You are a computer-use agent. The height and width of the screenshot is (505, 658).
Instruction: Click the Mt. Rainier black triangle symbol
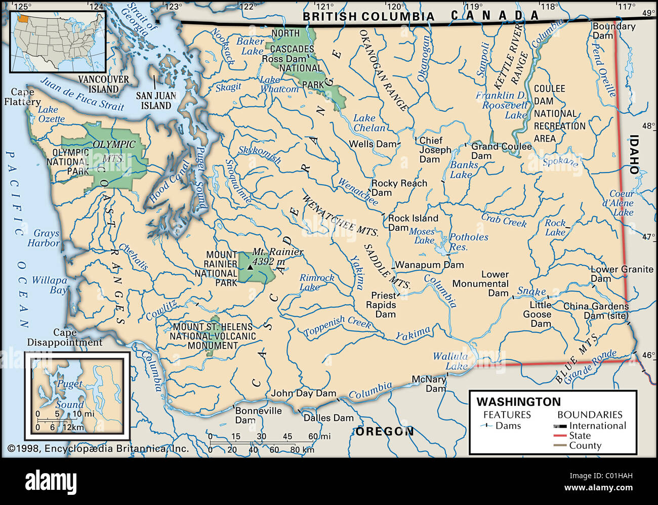(250, 267)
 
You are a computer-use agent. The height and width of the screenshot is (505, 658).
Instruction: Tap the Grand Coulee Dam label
(501, 151)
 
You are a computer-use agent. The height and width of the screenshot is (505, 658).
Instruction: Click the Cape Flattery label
(22, 97)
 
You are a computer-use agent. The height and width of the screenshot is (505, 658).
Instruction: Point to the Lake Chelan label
(369, 123)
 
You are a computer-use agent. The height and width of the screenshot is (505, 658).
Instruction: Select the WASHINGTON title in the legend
(518, 402)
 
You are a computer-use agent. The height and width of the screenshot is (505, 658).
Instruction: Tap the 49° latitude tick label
(649, 13)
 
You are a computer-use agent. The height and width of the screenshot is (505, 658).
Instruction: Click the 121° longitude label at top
(324, 7)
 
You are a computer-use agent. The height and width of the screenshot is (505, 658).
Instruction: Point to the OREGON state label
(385, 432)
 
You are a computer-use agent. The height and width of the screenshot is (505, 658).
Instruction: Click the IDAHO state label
(634, 154)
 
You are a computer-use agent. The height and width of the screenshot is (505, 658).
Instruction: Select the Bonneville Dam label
(258, 415)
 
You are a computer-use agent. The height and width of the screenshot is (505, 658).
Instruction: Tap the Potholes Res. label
(469, 242)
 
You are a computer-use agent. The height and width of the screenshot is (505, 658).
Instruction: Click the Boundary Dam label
(613, 31)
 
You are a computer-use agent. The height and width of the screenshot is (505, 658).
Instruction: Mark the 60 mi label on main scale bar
(319, 436)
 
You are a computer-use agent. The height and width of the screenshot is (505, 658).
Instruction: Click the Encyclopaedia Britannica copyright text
(98, 448)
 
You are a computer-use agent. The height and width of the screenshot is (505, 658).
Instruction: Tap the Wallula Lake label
(450, 361)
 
